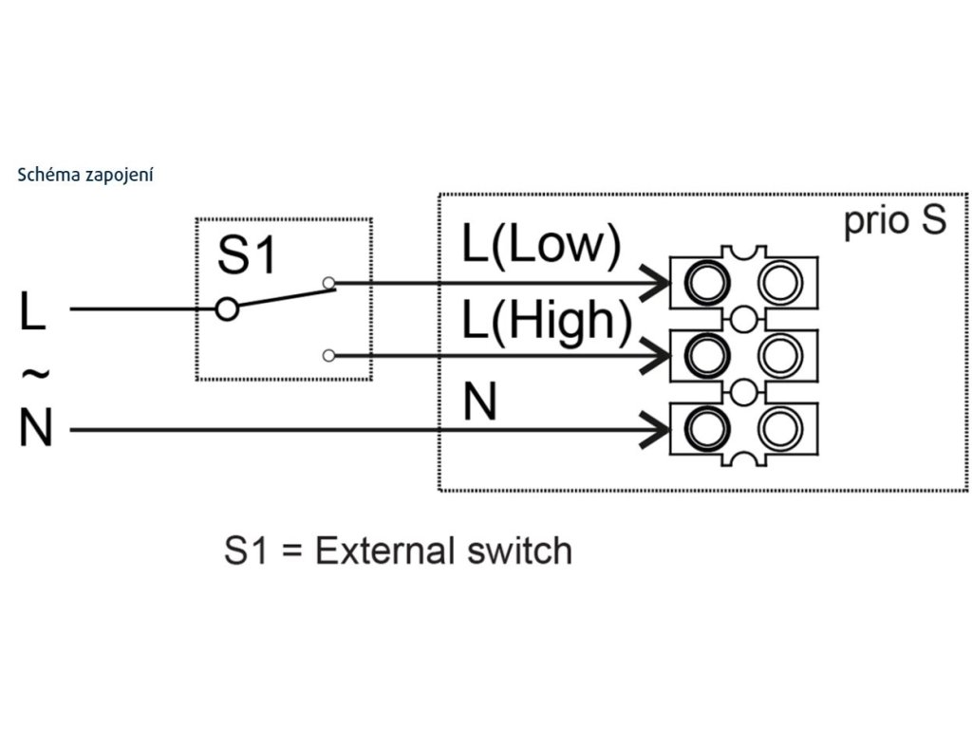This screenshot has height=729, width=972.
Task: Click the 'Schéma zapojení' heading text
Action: (85, 176)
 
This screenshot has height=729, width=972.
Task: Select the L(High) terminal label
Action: (547, 323)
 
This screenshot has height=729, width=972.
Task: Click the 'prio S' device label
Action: (894, 220)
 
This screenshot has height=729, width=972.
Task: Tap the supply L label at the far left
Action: (32, 310)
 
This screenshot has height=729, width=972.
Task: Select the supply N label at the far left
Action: (35, 430)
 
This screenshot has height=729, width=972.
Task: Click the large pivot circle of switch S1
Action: (226, 308)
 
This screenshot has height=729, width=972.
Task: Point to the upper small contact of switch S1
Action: (328, 282)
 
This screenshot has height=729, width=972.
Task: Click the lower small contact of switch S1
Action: (328, 356)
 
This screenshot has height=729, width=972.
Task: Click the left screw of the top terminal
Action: (706, 281)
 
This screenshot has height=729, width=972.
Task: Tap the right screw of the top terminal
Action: (781, 281)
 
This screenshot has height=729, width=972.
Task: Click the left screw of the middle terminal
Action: (706, 355)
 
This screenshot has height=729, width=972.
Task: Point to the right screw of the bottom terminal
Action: (781, 429)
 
